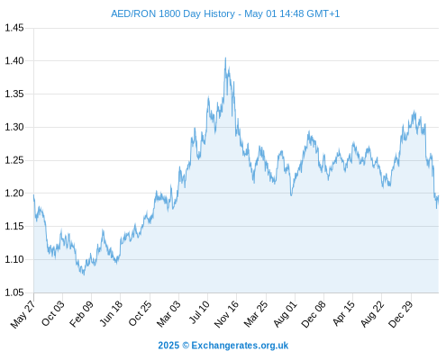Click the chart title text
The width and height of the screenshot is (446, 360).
pos(225,13)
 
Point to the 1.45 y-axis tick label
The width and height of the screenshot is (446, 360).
pos(14,28)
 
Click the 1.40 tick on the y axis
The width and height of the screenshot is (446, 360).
pos(14,61)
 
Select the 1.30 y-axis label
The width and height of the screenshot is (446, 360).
pos(14,127)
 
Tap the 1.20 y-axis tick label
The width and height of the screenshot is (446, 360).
pos(14,193)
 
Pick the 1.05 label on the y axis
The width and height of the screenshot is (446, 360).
pos(14,292)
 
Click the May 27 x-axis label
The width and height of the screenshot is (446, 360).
pos(23,314)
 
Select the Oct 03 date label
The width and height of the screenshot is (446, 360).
pos(53,313)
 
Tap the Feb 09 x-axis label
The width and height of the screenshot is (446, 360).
pos(81,313)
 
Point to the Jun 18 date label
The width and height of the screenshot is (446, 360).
pos(111,313)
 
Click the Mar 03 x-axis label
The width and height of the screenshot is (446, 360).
pos(168,313)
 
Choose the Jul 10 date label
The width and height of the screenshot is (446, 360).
pos(199,312)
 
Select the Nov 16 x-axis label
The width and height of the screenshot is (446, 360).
pos(226,314)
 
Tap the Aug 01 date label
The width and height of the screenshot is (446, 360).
pos(285,314)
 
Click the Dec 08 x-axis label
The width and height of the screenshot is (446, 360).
pos(314,314)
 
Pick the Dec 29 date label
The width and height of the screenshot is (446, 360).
pos(401,314)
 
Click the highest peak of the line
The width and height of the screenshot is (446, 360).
pos(225,58)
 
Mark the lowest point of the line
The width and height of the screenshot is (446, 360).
pos(84,274)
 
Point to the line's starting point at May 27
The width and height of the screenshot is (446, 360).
pos(33,195)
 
